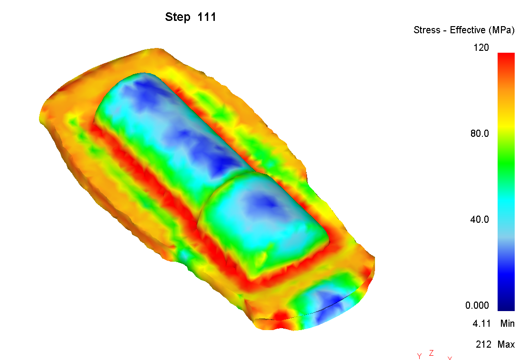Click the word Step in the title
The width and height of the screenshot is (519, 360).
[178, 17]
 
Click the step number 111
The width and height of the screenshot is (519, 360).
[207, 17]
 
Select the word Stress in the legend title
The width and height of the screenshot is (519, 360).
[427, 30]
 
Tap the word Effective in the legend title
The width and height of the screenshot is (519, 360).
[467, 30]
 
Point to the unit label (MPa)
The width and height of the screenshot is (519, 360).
[501, 30]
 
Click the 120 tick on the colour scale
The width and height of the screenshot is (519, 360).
[481, 47]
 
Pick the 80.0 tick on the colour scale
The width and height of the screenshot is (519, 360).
[480, 133]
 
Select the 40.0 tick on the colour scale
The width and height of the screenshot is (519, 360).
[480, 219]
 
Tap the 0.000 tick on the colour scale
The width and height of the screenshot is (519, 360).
[477, 305]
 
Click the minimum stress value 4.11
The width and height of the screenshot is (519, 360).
[481, 323]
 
